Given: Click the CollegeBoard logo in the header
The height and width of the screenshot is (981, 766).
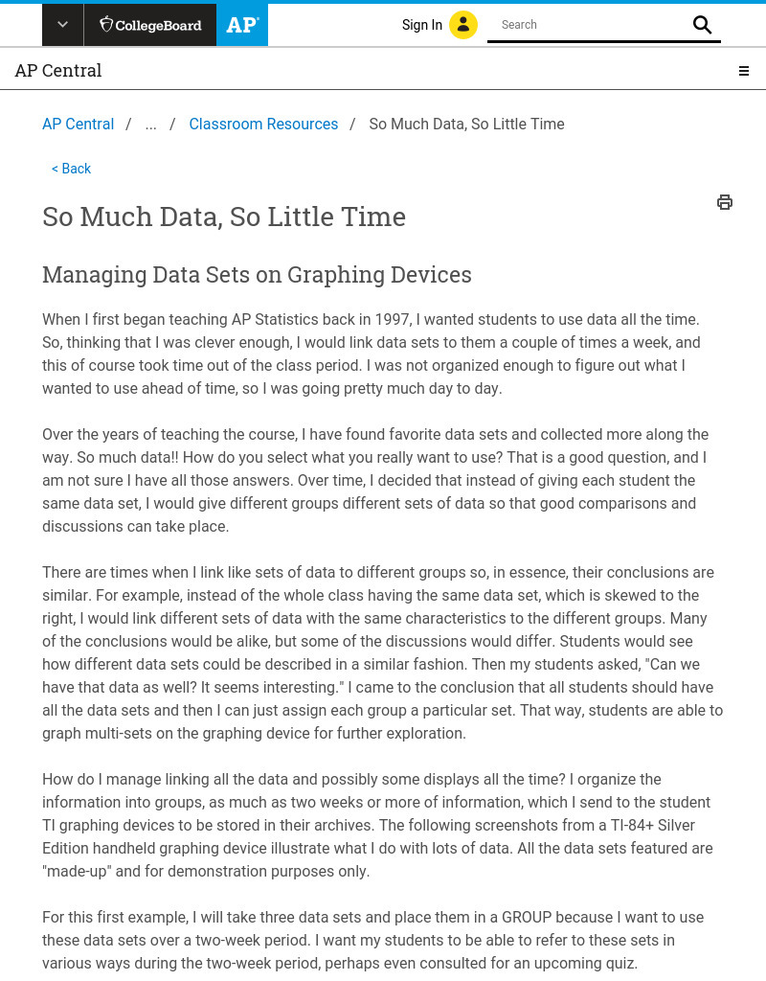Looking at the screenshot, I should [150, 25].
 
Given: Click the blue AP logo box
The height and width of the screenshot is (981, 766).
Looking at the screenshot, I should [242, 25].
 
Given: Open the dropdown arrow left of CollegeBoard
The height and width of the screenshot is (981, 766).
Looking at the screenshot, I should [62, 25].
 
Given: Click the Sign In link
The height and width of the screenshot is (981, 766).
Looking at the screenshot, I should [421, 25].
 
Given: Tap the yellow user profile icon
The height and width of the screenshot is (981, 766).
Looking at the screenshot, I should [463, 25].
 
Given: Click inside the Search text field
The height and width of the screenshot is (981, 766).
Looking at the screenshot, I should [589, 25].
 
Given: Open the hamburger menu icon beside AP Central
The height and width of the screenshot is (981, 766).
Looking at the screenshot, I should [743, 71].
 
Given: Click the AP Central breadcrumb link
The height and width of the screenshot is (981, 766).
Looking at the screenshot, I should [78, 125].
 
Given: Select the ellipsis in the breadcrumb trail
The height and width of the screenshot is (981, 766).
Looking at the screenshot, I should [150, 125].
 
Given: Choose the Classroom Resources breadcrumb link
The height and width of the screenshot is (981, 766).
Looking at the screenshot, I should [263, 125].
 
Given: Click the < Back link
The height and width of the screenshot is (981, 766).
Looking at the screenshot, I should [71, 169].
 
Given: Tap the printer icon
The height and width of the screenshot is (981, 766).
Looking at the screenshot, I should [725, 202].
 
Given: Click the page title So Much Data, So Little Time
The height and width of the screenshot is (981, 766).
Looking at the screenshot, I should [224, 217].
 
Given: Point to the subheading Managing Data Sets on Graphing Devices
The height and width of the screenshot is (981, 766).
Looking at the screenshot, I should [257, 275].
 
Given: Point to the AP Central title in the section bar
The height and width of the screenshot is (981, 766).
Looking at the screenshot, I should [58, 71].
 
